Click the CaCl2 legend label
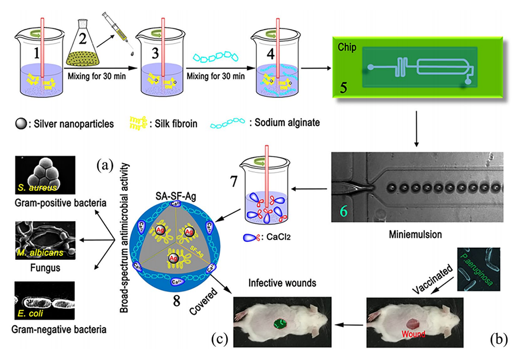[273, 239]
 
